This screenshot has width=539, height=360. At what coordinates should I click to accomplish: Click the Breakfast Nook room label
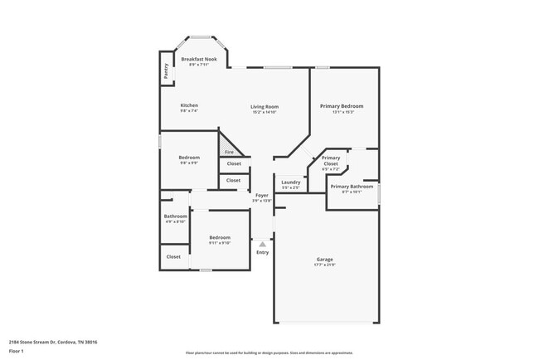199,60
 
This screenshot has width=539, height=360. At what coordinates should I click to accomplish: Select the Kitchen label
190,105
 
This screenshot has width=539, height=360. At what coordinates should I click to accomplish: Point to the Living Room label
265,106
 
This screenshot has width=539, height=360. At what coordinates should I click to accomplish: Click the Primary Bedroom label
342,106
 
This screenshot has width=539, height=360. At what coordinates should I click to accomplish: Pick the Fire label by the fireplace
229,153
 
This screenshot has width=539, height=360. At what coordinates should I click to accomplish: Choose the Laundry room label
290,182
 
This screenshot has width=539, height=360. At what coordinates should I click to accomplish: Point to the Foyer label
261,196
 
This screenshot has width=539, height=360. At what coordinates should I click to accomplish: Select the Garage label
324,259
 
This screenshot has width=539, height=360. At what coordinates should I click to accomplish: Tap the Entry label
262,252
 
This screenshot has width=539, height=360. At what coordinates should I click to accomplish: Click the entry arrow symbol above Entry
262,244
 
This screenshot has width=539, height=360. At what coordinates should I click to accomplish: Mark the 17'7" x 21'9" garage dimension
324,265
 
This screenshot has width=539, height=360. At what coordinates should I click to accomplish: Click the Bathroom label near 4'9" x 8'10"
175,216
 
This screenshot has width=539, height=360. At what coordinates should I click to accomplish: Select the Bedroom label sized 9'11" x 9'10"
220,237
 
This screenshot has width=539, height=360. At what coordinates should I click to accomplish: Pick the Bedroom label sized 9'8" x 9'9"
189,158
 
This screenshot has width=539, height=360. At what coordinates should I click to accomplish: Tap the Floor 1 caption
17,352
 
